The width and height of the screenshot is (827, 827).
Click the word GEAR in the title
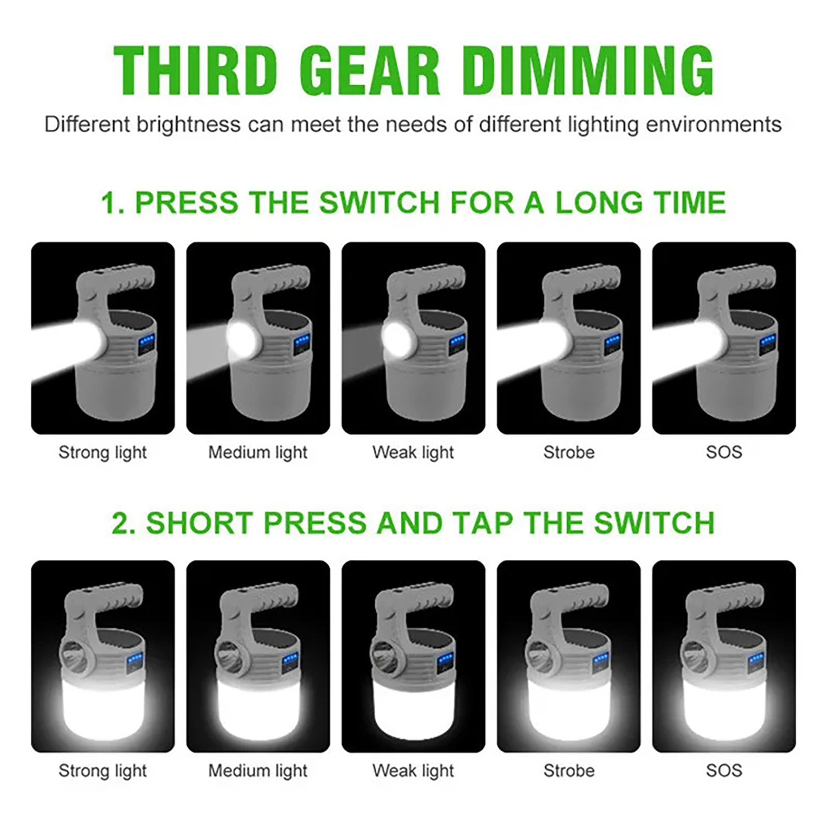(370, 70)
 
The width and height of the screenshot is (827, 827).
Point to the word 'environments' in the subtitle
(714, 125)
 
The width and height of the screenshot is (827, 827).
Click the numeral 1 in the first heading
(110, 202)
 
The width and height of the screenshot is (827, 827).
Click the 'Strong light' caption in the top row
(102, 453)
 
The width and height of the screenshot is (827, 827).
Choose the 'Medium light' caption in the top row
(257, 453)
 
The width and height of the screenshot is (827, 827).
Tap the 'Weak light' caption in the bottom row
(413, 771)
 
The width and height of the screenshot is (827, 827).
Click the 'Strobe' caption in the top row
(569, 453)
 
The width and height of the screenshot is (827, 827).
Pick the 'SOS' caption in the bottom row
(724, 771)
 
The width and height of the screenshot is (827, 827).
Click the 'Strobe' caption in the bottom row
(569, 771)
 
